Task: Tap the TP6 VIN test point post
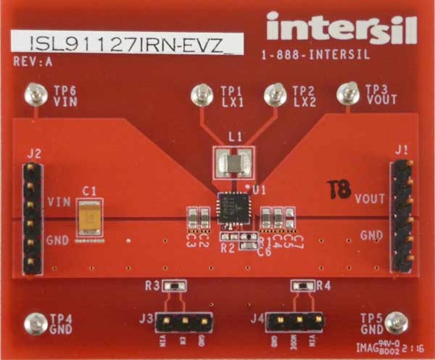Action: (36, 93)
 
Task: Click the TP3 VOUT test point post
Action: (348, 92)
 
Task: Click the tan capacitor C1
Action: (89, 218)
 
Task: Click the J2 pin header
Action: (33, 219)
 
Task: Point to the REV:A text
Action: (33, 62)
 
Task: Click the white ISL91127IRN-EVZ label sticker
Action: (126, 43)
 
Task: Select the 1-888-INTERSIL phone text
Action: (316, 55)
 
